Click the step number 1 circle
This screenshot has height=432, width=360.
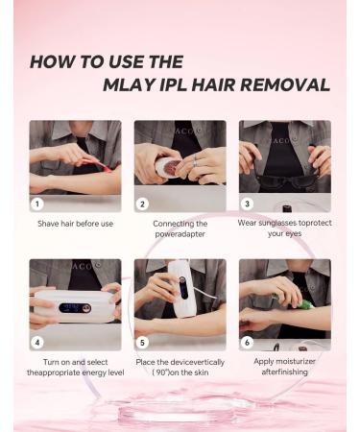point(37,204)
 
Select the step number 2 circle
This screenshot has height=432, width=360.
point(142,204)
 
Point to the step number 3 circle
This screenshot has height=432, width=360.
point(248,204)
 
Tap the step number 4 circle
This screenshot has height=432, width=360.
point(37,342)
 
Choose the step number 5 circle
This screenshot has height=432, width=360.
point(142,342)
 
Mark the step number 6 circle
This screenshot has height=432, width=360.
point(248,342)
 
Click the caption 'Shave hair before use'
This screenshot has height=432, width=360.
point(75,224)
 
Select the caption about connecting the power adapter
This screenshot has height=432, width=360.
point(180,228)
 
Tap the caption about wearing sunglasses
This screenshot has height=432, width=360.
point(285,228)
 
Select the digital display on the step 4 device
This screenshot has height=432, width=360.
point(69,308)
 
